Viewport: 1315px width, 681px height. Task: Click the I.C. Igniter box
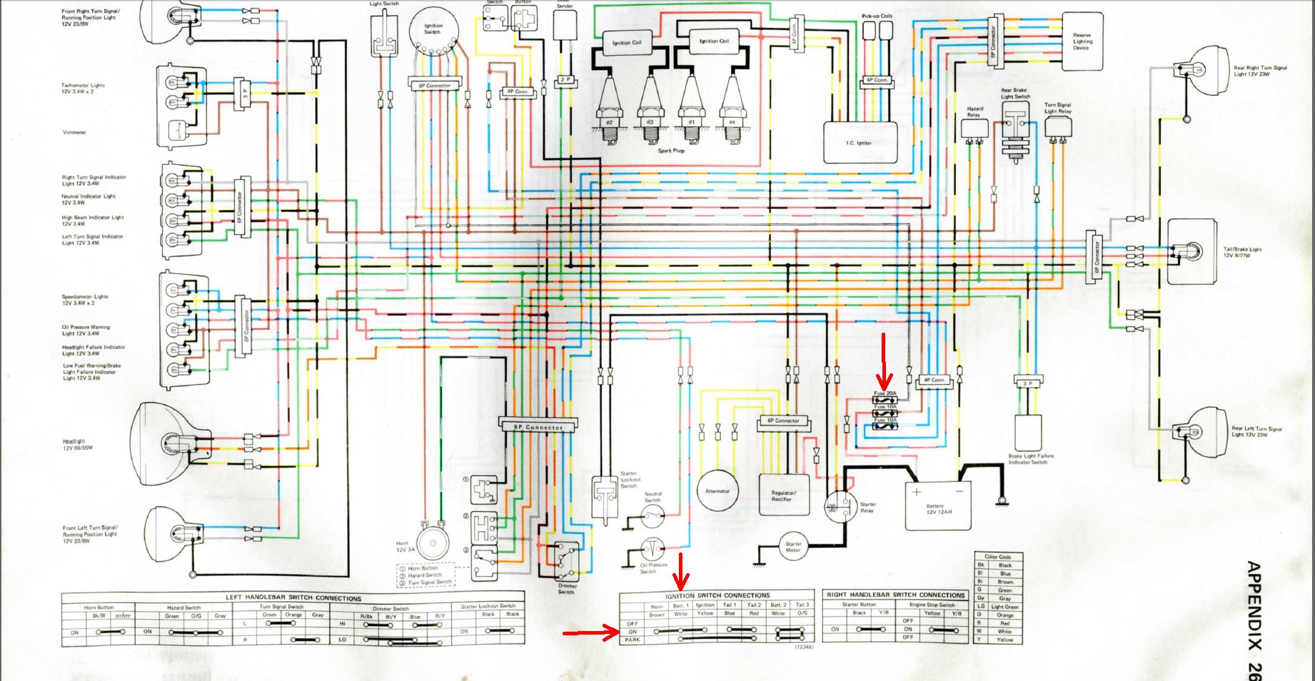pos(859,142)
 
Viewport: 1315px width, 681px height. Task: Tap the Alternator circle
pos(717,490)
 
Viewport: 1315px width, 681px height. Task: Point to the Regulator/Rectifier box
pos(783,495)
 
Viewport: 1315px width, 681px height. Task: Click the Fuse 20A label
pos(885,393)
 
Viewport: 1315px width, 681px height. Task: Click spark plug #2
pos(609,107)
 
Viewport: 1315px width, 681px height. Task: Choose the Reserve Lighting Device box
pos(1082,41)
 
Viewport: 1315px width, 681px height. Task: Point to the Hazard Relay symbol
pos(974,129)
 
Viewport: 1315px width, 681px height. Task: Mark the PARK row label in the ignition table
pos(633,640)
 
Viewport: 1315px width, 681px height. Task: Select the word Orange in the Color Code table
pos(1005,615)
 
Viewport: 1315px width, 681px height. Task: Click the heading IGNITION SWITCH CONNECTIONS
pos(717,595)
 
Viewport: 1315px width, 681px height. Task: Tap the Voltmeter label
pos(74,132)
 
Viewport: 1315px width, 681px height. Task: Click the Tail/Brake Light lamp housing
pos(1191,251)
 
